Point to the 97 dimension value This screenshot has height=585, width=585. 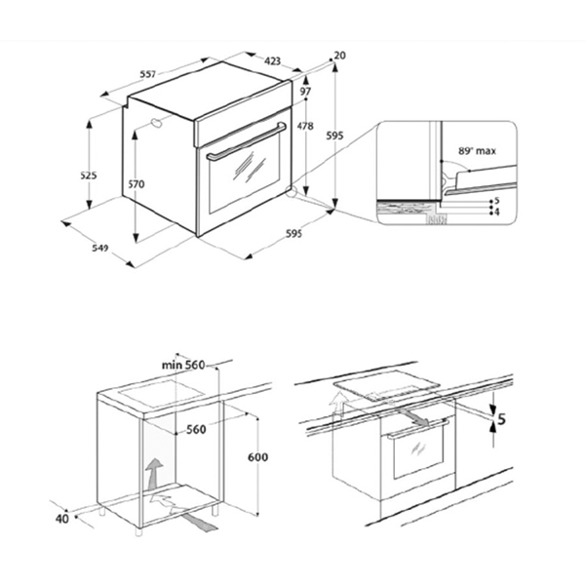305,91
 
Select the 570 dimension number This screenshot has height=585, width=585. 136,184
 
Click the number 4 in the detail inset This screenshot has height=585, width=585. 496,211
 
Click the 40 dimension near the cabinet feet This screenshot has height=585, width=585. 62,520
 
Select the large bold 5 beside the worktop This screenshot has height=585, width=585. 501,421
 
